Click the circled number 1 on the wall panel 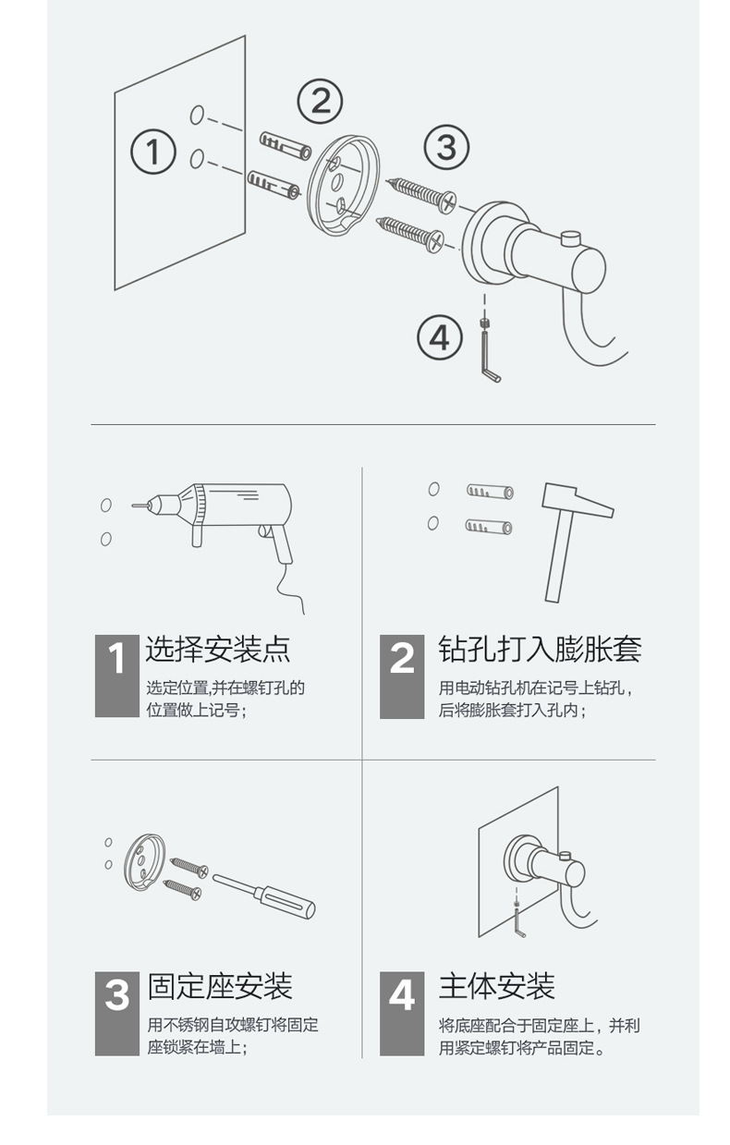pyautogui.click(x=153, y=152)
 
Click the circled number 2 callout pyautogui.click(x=320, y=100)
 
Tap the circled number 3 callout pyautogui.click(x=446, y=147)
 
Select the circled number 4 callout pyautogui.click(x=439, y=337)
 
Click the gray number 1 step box pyautogui.click(x=116, y=676)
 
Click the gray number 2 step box pyautogui.click(x=402, y=676)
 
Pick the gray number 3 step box pyautogui.click(x=116, y=1013)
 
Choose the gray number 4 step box pyautogui.click(x=402, y=1013)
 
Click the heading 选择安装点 pyautogui.click(x=218, y=649)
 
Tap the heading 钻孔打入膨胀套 pyautogui.click(x=540, y=649)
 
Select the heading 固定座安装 pyautogui.click(x=220, y=986)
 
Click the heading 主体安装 pyautogui.click(x=497, y=986)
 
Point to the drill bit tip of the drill pyautogui.click(x=135, y=506)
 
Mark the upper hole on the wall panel pyautogui.click(x=196, y=115)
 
